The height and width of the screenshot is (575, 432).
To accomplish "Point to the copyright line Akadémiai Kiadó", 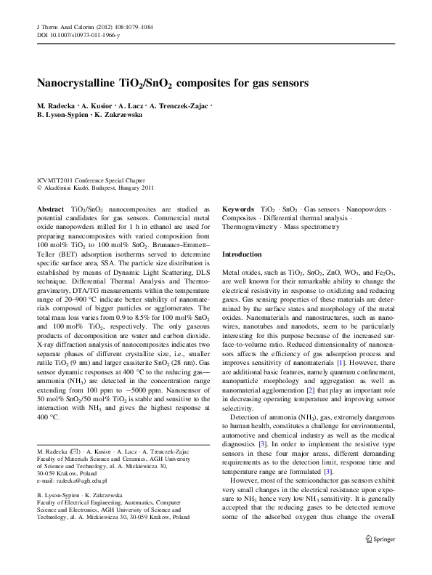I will pos(94,187).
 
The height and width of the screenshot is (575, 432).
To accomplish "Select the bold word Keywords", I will pos(237,209).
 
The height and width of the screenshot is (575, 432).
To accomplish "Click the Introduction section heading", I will pos(242,255).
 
